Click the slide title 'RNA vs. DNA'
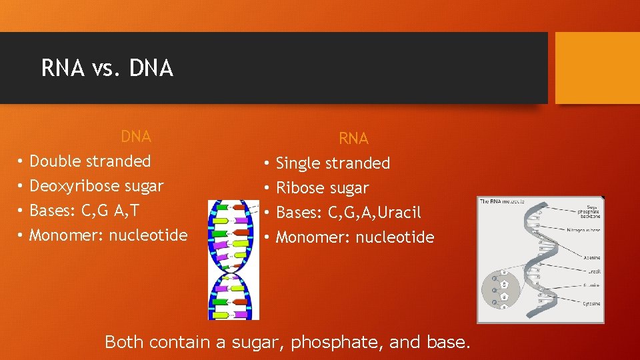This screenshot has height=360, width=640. coord(107,68)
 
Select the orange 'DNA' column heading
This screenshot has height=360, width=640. coord(135,137)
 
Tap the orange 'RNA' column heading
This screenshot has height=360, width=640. coord(353,139)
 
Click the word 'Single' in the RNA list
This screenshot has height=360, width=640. coord(297,163)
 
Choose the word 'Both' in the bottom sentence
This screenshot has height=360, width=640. coord(124,343)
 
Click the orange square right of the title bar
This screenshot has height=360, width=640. coord(597,68)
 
